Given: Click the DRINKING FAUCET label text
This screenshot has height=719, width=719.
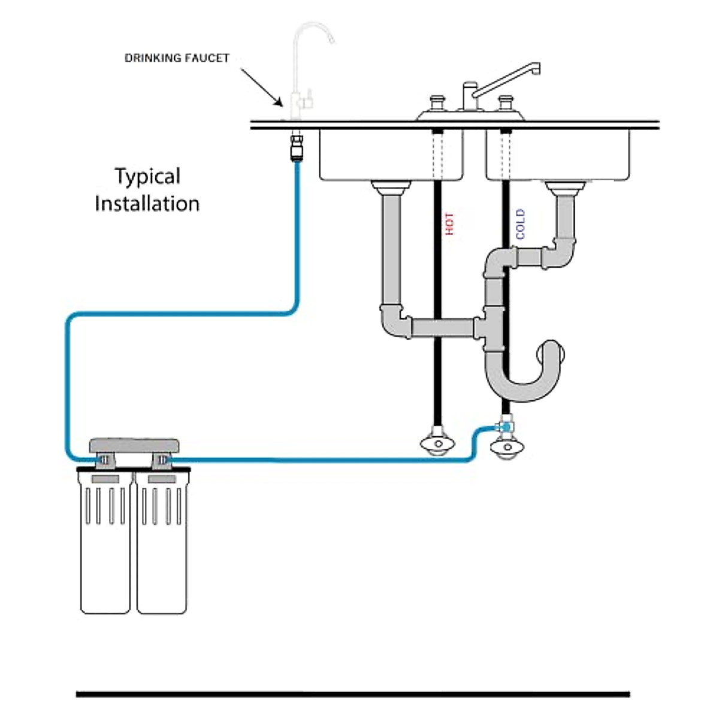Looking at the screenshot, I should pyautogui.click(x=177, y=58).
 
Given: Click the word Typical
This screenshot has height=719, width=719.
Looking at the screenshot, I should pyautogui.click(x=147, y=177).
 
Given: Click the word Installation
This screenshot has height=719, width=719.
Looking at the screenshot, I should pyautogui.click(x=147, y=204).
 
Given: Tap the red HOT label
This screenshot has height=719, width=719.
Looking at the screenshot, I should pyautogui.click(x=449, y=223).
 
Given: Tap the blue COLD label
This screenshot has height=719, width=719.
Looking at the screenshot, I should pyautogui.click(x=520, y=224).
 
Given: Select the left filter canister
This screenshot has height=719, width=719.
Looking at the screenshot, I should pyautogui.click(x=105, y=545).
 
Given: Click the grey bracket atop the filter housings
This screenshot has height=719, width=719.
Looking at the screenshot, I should pyautogui.click(x=135, y=445).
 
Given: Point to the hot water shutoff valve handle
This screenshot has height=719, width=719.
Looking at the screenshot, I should pyautogui.click(x=438, y=444).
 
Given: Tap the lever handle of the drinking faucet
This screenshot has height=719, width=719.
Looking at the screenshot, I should pyautogui.click(x=309, y=96).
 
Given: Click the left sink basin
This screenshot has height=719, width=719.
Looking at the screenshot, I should pyautogui.click(x=391, y=155).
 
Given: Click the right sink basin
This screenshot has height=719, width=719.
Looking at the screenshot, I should pyautogui.click(x=557, y=155).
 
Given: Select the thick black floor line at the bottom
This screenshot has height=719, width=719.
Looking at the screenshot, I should pyautogui.click(x=353, y=694).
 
